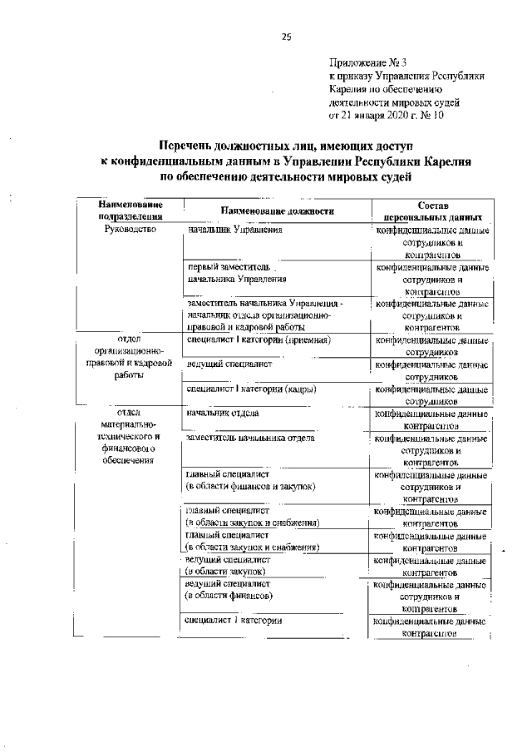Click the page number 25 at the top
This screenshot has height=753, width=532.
coord(286,36)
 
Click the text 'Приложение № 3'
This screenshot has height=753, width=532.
coord(367,62)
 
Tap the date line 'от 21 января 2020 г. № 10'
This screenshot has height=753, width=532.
coord(387,115)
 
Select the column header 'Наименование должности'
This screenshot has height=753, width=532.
coord(277,211)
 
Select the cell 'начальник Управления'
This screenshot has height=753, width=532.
coord(237,230)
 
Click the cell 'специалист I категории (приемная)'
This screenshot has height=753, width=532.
coord(259,340)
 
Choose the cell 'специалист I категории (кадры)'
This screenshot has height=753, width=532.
coord(252,389)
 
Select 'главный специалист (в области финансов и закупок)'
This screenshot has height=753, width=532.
coord(250,480)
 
